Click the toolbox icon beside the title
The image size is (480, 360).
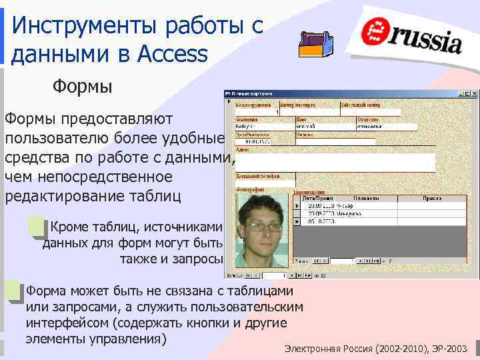pyautogui.click(x=316, y=43)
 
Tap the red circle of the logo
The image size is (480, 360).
pyautogui.click(x=378, y=30)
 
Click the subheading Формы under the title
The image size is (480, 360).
pyautogui.click(x=83, y=87)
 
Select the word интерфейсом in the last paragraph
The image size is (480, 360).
pyautogui.click(x=66, y=323)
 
